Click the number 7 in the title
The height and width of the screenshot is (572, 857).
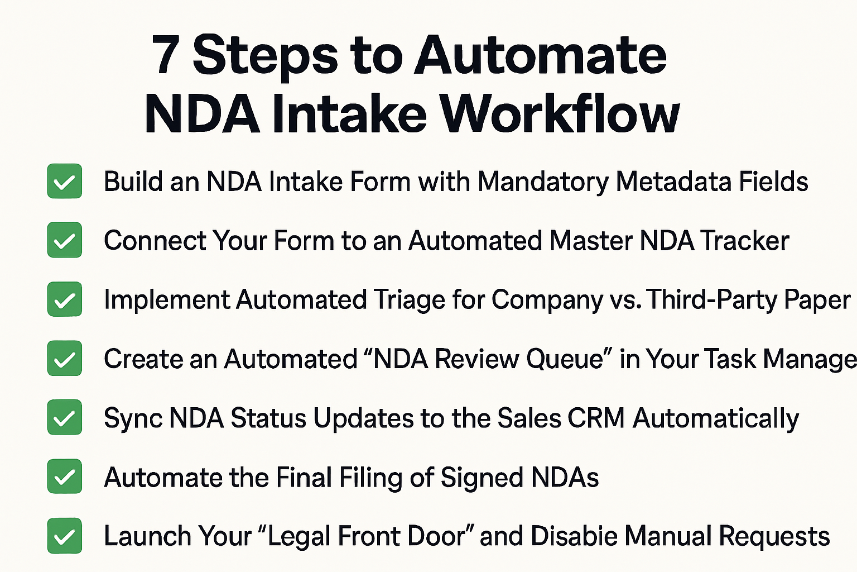(166, 55)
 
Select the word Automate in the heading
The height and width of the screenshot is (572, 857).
(540, 55)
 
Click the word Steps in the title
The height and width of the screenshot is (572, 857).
(265, 56)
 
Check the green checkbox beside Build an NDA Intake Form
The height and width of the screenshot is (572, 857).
(65, 181)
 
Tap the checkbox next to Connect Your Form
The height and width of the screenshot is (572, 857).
(65, 240)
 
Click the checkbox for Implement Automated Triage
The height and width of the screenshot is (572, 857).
(65, 299)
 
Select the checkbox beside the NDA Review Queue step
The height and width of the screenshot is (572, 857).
(65, 359)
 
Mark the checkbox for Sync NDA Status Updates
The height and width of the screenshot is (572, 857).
(65, 418)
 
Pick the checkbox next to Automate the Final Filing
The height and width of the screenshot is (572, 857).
(65, 477)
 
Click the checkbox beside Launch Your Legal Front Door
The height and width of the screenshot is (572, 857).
(65, 536)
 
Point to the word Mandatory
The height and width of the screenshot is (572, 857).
(543, 182)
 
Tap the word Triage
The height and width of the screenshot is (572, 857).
(409, 301)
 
